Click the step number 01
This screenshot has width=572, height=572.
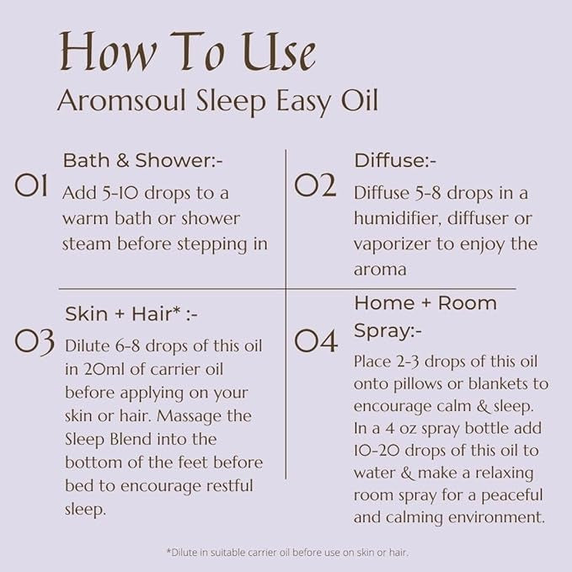pyautogui.click(x=31, y=185)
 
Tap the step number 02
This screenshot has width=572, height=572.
pyautogui.click(x=315, y=185)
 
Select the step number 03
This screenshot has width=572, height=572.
pyautogui.click(x=35, y=343)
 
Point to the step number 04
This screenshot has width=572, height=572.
pyautogui.click(x=316, y=341)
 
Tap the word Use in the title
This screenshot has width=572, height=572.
pyautogui.click(x=279, y=52)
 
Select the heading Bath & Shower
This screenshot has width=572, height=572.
pyautogui.click(x=142, y=161)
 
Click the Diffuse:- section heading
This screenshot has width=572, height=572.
pyautogui.click(x=395, y=161)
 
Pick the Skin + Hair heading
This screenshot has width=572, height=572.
pyautogui.click(x=131, y=313)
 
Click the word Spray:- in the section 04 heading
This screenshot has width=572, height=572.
pyautogui.click(x=388, y=331)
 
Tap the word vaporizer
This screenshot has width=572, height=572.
pyautogui.click(x=393, y=244)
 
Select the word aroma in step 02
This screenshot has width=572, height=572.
pyautogui.click(x=380, y=270)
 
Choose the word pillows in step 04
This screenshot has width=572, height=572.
pyautogui.click(x=419, y=384)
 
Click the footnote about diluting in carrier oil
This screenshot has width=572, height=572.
pyautogui.click(x=287, y=553)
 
